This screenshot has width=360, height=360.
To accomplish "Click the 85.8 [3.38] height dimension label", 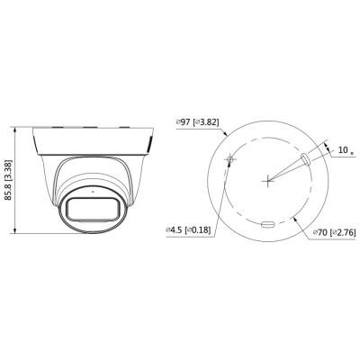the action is pyautogui.click(x=9, y=180).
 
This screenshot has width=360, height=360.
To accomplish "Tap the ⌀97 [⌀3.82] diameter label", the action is pyautogui.click(x=198, y=122).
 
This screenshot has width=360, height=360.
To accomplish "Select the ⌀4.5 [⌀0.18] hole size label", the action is pyautogui.click(x=188, y=230).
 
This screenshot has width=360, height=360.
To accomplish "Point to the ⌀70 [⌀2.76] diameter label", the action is pyautogui.click(x=334, y=232).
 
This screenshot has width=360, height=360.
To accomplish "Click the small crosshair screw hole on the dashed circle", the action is pyautogui.click(x=230, y=158).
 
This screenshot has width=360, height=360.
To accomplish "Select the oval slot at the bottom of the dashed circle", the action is pyautogui.click(x=268, y=224).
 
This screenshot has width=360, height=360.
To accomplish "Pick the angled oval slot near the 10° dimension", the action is pyautogui.click(x=305, y=158).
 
